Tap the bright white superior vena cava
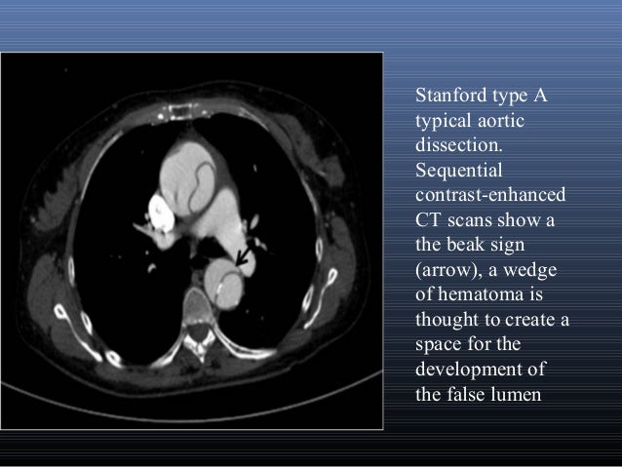click(157, 207)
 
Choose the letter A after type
click(538, 97)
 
